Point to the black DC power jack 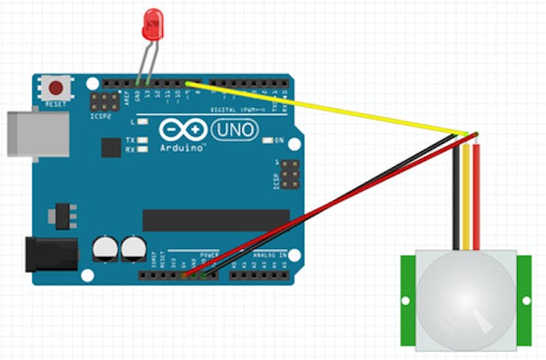click(50, 254)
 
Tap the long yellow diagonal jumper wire click(321, 107)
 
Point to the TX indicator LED click(142, 139)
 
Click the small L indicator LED click(142, 121)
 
